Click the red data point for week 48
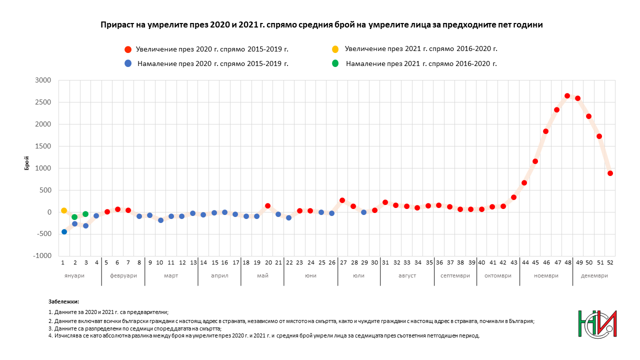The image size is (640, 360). pos(567,96)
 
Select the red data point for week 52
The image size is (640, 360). pos(610,173)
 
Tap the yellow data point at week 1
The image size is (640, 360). pos(64,210)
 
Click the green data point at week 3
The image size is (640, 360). pos(85,214)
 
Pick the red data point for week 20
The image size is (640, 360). pos(267,206)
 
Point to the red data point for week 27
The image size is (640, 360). pos(342,200)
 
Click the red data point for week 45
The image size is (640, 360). pos(535,161)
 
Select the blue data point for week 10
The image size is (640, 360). pos(160,220)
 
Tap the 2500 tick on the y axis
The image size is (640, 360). pos(44,102)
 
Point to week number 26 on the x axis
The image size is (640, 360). pos(331,262)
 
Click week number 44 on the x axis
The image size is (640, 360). pos(525,262)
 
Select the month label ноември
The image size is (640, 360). pos(546,276)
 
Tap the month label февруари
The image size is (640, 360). pos(123,276)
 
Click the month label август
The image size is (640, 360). pos(406,276)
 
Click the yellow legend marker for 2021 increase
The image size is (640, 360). pos(335,49)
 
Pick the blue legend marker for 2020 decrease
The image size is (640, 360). pos(128,63)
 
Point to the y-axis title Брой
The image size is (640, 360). pos(27,163)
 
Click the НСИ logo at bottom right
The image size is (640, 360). pos(597,324)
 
